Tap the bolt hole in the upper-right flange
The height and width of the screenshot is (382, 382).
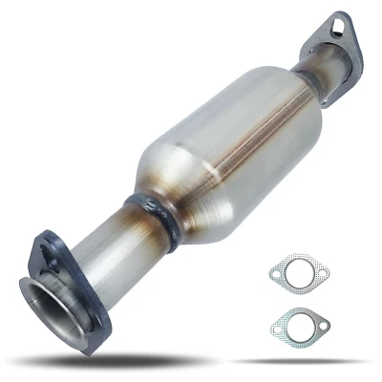pos(344,26)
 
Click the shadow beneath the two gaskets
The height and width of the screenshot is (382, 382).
pos(301,360)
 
